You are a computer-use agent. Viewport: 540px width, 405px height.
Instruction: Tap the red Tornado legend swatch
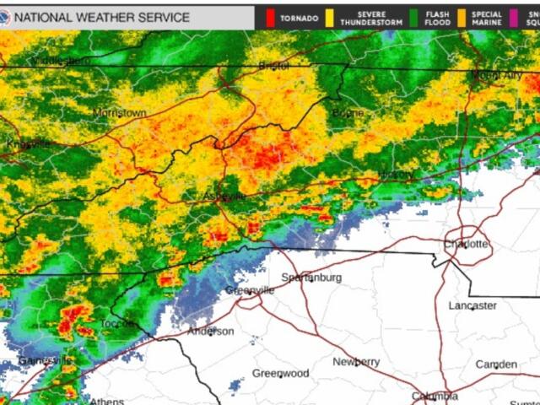tap(271, 17)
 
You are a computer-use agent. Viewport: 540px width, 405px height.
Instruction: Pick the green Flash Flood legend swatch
tap(415, 17)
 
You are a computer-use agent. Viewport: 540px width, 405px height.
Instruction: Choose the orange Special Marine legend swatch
tap(463, 17)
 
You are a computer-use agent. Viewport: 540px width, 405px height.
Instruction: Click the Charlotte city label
tap(466, 244)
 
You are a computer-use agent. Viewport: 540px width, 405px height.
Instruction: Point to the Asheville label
tap(224, 197)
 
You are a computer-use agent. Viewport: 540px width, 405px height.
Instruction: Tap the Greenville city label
tap(250, 290)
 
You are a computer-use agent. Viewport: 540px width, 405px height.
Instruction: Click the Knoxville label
tap(29, 143)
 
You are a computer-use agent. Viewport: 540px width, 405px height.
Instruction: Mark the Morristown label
tap(119, 112)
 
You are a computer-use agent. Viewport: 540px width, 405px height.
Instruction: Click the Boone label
tap(348, 113)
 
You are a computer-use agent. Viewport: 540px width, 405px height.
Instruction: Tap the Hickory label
tap(396, 175)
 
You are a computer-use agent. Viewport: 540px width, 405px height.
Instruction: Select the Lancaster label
tap(472, 305)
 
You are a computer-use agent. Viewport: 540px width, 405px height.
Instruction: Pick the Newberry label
tap(356, 361)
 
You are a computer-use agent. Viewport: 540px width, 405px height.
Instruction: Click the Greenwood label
tap(281, 373)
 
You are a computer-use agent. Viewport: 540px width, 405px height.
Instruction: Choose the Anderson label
tap(211, 331)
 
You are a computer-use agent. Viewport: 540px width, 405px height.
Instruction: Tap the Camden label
tap(496, 364)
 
